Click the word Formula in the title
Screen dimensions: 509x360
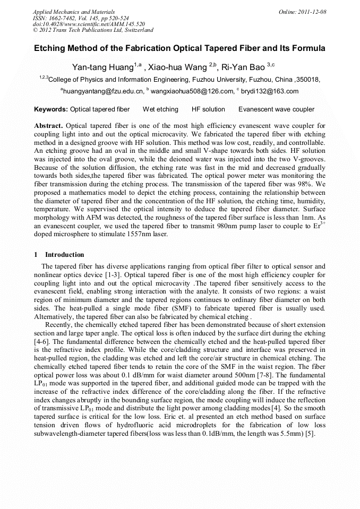point(307,48)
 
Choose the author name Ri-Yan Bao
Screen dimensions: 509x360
point(244,67)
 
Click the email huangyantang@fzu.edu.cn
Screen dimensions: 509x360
point(104,91)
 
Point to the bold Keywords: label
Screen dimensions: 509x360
point(51,109)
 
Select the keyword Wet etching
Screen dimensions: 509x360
point(160,109)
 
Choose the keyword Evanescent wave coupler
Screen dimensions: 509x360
point(276,109)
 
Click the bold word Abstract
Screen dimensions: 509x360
point(48,126)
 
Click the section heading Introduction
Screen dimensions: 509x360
point(64,255)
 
